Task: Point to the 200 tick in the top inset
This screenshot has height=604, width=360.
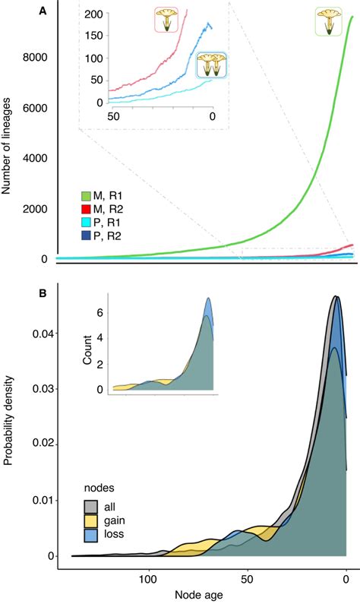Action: tap(94, 14)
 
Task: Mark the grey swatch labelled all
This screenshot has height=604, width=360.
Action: tap(90, 507)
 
